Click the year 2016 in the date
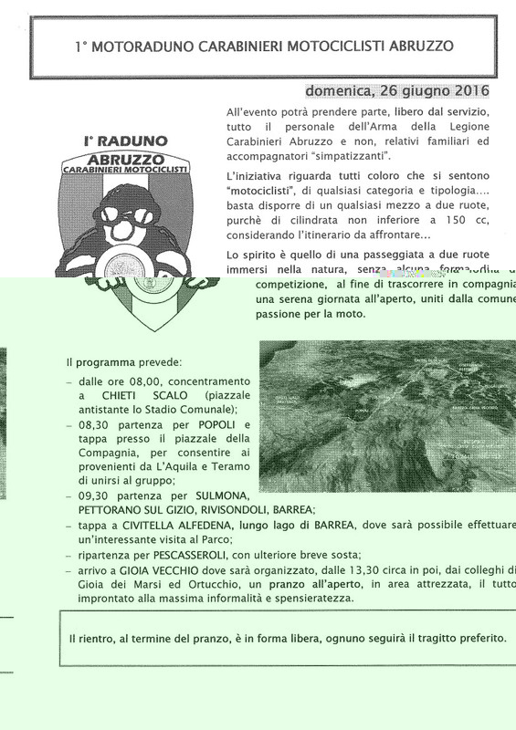point(469,91)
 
